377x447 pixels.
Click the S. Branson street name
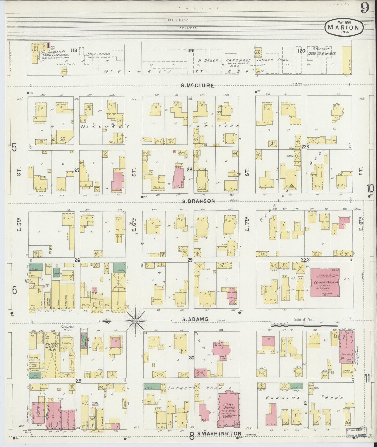pyautogui.click(x=199, y=201)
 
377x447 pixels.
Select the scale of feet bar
pyautogui.click(x=304, y=325)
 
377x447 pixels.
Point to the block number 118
pyautogui.click(x=74, y=50)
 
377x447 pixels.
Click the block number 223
pyautogui.click(x=305, y=259)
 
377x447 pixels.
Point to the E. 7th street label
pyautogui.click(x=247, y=225)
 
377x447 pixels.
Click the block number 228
pyautogui.click(x=305, y=147)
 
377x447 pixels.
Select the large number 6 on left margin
pyautogui.click(x=15, y=290)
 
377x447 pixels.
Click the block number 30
pyautogui.click(x=192, y=358)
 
